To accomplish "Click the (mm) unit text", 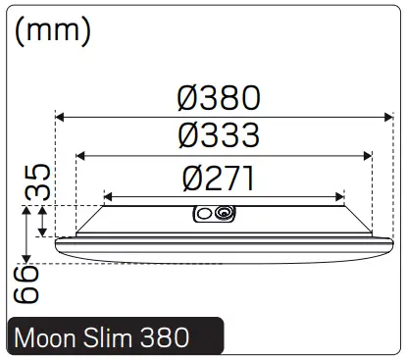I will pos(54,30).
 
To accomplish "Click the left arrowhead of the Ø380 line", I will pos(60,117).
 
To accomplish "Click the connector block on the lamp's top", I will pos(216,214).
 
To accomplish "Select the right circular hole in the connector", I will pos(226,213).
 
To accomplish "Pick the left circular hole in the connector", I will pos(206,213).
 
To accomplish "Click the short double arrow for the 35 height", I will pos(42,221).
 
